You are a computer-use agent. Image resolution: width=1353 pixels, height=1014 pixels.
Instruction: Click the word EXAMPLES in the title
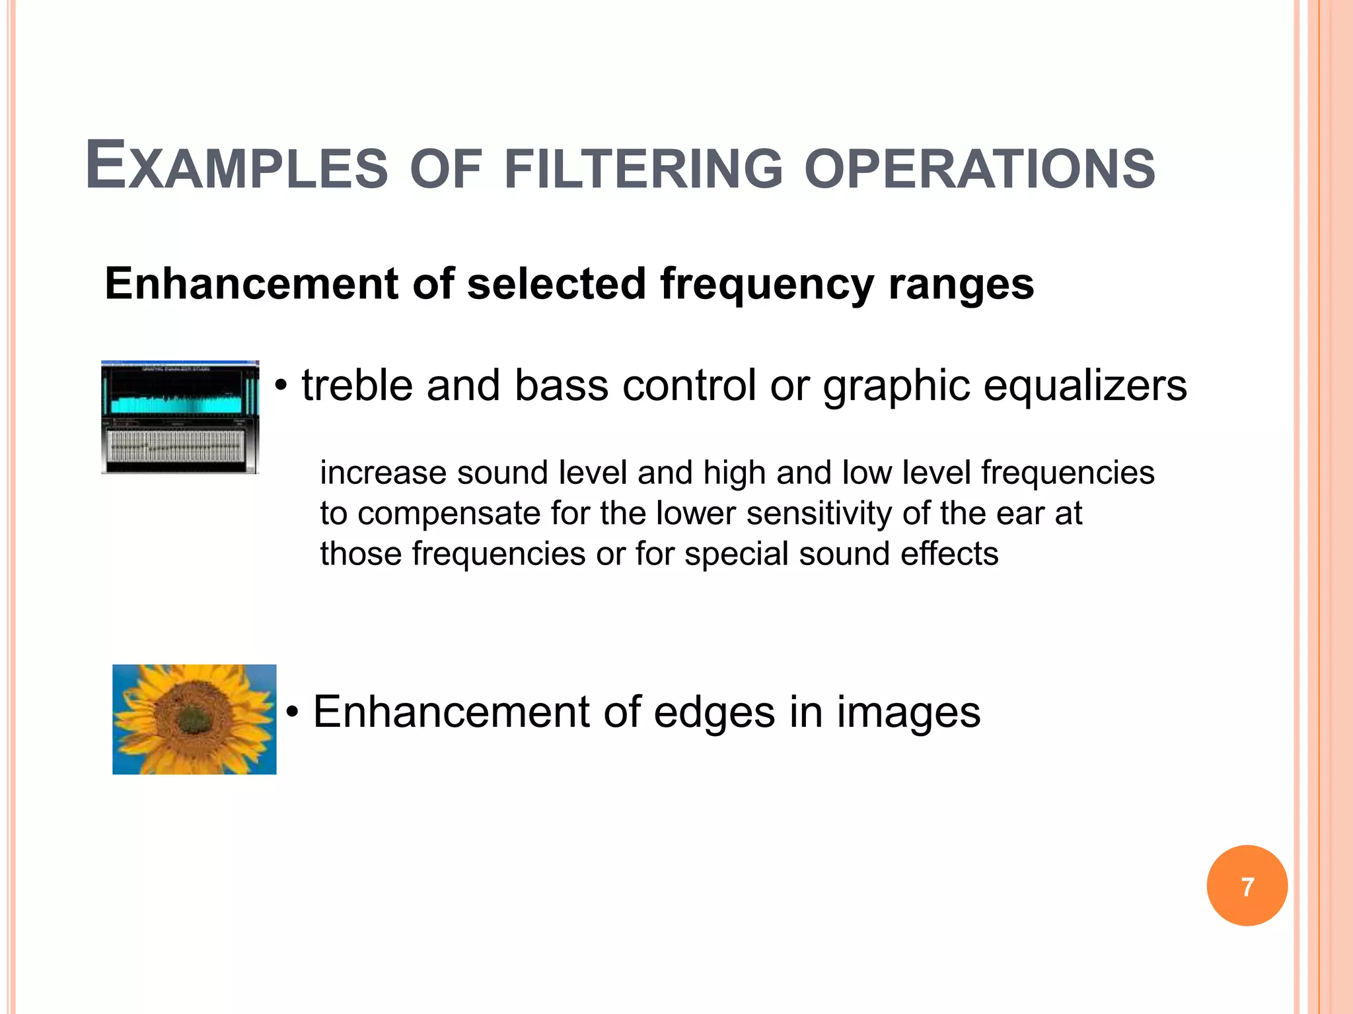click(237, 166)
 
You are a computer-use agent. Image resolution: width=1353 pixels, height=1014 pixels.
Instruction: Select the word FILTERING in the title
click(643, 168)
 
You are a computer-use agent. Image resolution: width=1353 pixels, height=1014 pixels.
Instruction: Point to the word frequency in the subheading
click(766, 285)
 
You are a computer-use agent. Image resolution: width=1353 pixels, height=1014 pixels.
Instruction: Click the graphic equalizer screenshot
click(180, 417)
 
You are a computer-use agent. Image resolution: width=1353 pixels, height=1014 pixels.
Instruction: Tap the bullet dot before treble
click(282, 386)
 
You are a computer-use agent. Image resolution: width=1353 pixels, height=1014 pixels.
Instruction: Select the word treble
click(357, 386)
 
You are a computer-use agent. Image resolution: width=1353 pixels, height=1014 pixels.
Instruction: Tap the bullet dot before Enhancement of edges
click(293, 713)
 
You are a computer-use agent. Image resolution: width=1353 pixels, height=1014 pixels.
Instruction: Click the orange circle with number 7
click(1247, 886)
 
